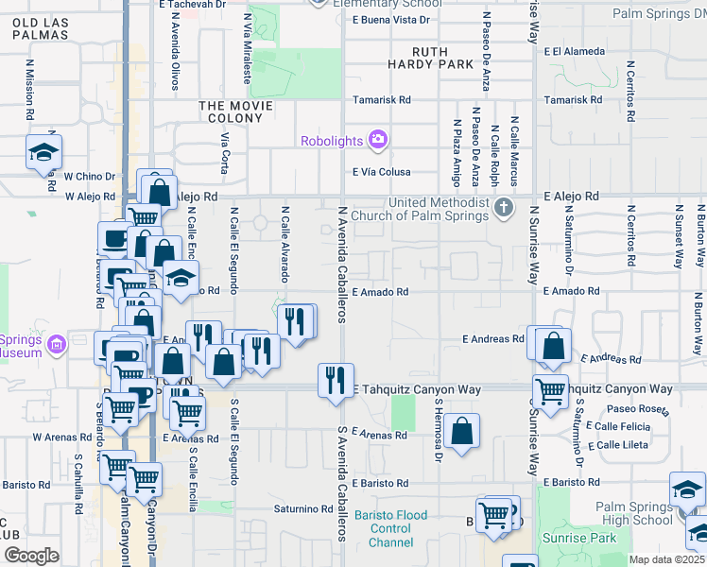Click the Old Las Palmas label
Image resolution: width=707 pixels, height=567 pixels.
click(41, 27)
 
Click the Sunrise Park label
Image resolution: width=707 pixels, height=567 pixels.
click(578, 538)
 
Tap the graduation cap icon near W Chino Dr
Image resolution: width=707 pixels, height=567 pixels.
click(43, 152)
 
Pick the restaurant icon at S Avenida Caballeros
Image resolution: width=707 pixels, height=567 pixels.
click(336, 381)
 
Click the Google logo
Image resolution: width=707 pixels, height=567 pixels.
click(31, 555)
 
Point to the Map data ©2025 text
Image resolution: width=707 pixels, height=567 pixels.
click(665, 559)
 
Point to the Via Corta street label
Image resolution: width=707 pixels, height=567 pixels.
click(225, 151)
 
